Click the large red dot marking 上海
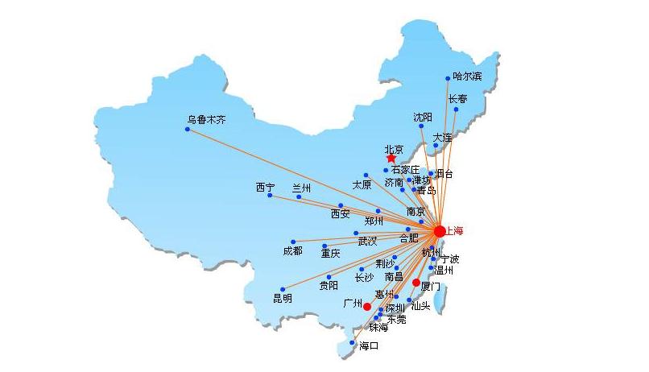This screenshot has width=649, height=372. [x=439, y=231]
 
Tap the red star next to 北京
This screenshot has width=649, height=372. [x=391, y=159]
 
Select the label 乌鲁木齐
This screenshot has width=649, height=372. [x=207, y=119]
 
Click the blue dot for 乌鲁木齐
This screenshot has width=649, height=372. [x=188, y=129]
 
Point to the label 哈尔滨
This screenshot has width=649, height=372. [x=467, y=76]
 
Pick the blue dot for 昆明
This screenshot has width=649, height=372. [x=283, y=289]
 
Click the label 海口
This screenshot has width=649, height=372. [x=369, y=346]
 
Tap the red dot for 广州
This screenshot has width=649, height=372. [x=367, y=306]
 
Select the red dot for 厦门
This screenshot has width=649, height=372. [x=416, y=283]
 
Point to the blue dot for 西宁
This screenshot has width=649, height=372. [x=270, y=196]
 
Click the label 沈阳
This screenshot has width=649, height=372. [x=423, y=117]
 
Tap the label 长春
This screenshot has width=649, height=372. [x=457, y=98]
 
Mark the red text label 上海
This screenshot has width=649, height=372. [x=455, y=231]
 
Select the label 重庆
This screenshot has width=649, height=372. [x=330, y=254]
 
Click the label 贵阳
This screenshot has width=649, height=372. [x=329, y=285]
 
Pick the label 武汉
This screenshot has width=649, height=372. [x=367, y=241]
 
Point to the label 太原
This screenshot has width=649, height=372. [x=362, y=184]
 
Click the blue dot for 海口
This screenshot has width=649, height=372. [x=352, y=343]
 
